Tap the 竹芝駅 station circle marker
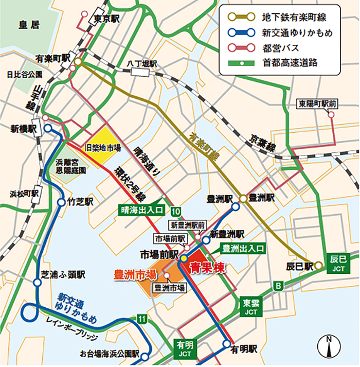62,202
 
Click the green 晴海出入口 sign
141,210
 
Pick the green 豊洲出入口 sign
243,249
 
